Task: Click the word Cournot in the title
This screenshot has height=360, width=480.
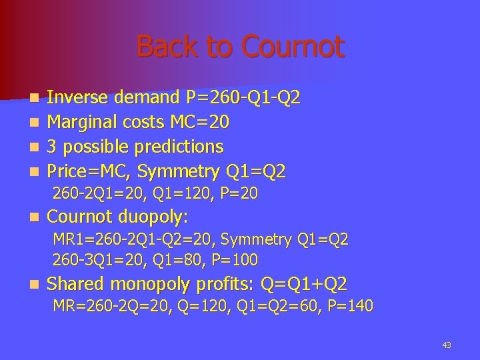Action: click(293, 47)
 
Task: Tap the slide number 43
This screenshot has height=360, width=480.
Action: click(447, 345)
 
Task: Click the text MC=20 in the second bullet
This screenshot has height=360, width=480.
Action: click(202, 122)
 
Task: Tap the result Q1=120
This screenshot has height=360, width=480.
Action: click(179, 194)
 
